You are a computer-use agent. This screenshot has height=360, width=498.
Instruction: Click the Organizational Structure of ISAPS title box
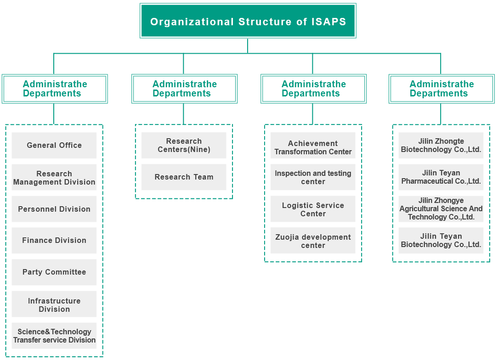click(248, 21)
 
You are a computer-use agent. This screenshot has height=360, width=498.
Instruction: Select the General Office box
click(54, 146)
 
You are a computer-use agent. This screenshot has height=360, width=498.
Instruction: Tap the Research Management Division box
click(54, 177)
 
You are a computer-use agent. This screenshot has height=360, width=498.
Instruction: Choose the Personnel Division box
click(54, 209)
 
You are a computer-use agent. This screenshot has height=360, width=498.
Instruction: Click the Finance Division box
click(54, 240)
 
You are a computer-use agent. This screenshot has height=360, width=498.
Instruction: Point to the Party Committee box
click(54, 272)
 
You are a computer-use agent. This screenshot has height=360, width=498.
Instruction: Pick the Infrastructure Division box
click(54, 304)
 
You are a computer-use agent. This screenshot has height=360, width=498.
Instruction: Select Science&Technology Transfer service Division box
click(54, 336)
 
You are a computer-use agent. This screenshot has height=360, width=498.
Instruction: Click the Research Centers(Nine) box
click(184, 146)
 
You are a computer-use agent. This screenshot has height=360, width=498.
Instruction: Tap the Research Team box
click(184, 177)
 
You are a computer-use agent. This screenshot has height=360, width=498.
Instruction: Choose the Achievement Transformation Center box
click(313, 146)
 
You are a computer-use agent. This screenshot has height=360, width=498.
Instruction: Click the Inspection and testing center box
click(313, 177)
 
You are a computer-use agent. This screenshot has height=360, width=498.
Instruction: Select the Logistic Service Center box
click(313, 209)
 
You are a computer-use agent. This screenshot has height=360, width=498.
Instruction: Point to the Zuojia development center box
click(313, 240)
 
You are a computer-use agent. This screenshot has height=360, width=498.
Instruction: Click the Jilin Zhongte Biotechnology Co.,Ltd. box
click(441, 146)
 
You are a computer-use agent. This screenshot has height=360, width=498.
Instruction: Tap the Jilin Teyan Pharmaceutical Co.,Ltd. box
click(441, 177)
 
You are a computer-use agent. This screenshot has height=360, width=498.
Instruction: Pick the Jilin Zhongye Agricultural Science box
click(441, 209)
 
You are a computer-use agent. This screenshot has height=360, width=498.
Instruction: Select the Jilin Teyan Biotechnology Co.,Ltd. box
click(441, 240)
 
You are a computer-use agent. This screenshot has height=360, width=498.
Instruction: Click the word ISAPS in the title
click(329, 22)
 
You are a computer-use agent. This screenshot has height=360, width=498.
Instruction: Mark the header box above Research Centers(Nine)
click(185, 89)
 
